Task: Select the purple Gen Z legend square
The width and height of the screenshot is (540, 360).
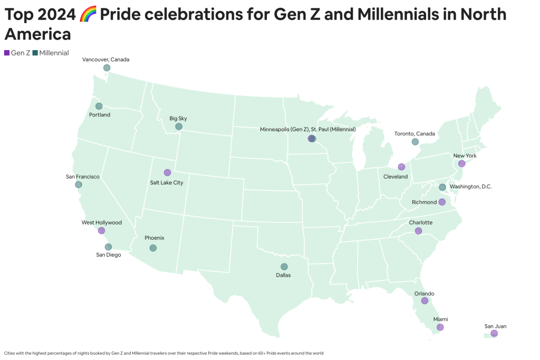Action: [x=6, y=53]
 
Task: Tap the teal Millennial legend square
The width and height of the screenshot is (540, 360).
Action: [x=35, y=53]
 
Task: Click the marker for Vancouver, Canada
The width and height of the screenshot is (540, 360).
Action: [x=107, y=68]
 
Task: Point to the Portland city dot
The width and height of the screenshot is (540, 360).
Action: [x=99, y=106]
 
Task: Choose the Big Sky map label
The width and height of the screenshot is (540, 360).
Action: [x=178, y=119]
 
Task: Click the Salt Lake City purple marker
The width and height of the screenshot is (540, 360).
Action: [x=167, y=172]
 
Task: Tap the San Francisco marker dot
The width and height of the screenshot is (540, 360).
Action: [x=79, y=184]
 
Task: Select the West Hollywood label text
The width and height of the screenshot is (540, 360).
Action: [x=102, y=222]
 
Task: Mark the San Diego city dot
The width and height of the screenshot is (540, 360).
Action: [x=108, y=247]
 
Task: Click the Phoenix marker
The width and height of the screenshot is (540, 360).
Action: [x=153, y=248]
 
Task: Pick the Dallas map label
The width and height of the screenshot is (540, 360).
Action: [x=283, y=275]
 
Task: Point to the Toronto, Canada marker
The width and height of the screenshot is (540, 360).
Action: [x=415, y=142]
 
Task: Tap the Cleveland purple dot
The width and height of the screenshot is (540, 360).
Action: [x=401, y=167]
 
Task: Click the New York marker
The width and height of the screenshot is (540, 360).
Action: [x=461, y=163]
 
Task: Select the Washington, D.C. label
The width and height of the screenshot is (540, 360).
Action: [x=470, y=187]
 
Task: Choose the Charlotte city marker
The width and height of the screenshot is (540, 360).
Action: [x=418, y=231]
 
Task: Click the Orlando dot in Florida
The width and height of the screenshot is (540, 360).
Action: [x=424, y=301]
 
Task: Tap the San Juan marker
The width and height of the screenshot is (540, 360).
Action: [x=494, y=334]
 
